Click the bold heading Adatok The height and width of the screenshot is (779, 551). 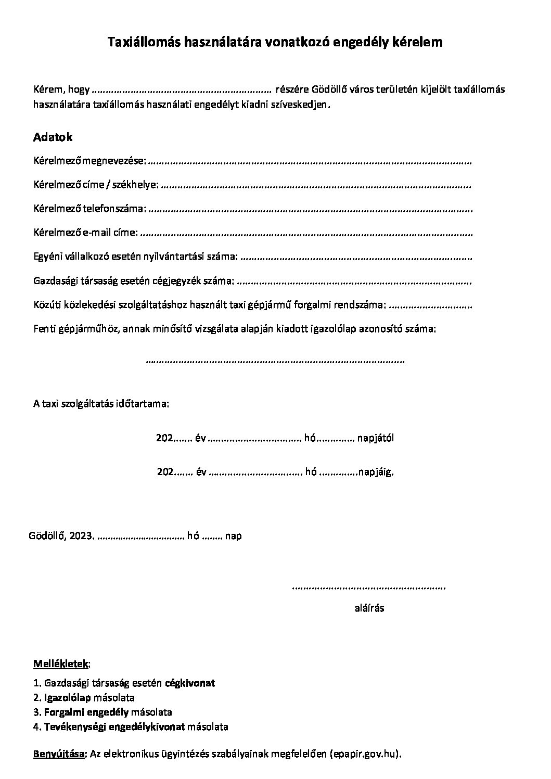pyautogui.click(x=53, y=137)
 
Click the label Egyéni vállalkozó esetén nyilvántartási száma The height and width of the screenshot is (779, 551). pyautogui.click(x=135, y=257)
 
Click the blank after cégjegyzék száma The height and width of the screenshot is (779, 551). pyautogui.click(x=354, y=282)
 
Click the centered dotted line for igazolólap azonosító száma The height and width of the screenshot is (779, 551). pyautogui.click(x=275, y=360)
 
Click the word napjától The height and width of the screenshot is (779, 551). pyautogui.click(x=375, y=438)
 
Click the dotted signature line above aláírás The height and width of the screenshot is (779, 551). pyautogui.click(x=369, y=588)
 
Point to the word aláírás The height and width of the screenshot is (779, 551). pyautogui.click(x=369, y=608)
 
